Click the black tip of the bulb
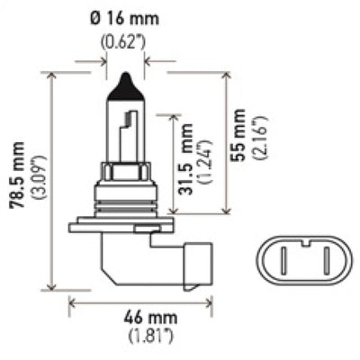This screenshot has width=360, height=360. pos(121,89)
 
